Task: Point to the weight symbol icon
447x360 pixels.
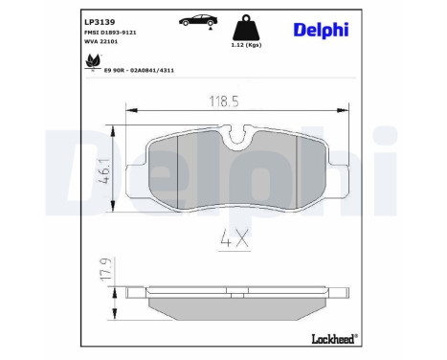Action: pos(245,26)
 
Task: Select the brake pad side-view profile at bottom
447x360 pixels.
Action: pos(238,305)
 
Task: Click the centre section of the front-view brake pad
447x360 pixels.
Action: pos(238,173)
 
